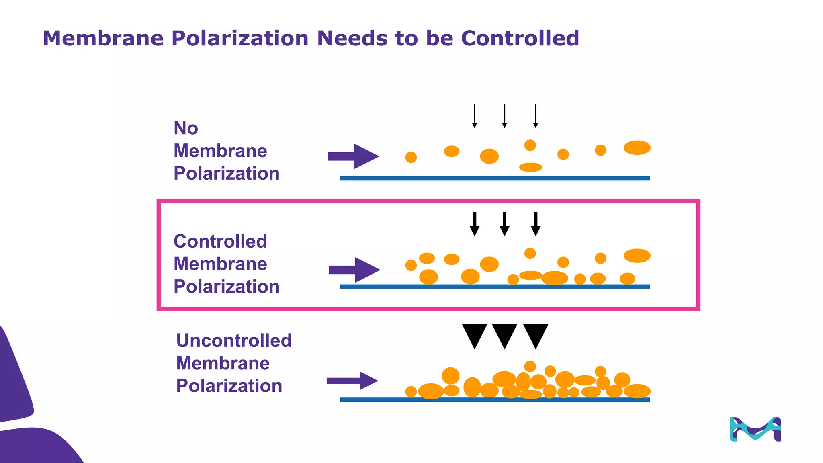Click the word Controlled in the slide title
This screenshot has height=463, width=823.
[520, 38]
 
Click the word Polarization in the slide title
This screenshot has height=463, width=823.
[240, 38]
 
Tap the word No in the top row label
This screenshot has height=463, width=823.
[186, 128]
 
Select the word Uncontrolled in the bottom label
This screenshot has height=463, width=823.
[233, 340]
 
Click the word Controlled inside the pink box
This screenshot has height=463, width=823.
[220, 241]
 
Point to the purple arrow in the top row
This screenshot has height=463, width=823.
[353, 156]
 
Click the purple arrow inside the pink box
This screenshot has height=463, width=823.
[354, 270]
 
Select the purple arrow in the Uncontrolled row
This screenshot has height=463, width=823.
[352, 381]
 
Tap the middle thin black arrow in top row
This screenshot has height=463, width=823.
[504, 116]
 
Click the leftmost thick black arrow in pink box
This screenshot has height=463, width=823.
[475, 224]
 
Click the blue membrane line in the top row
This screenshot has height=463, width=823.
[495, 178]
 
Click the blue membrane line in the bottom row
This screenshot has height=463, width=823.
[495, 399]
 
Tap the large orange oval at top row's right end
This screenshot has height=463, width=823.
[637, 148]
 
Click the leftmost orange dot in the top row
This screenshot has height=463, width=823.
[411, 157]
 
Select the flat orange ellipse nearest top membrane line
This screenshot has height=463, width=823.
[530, 167]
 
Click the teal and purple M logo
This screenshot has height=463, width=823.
[755, 429]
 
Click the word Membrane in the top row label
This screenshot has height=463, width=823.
[220, 151]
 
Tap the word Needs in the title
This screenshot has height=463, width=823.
[353, 38]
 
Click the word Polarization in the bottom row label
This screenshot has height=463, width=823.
[229, 386]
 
